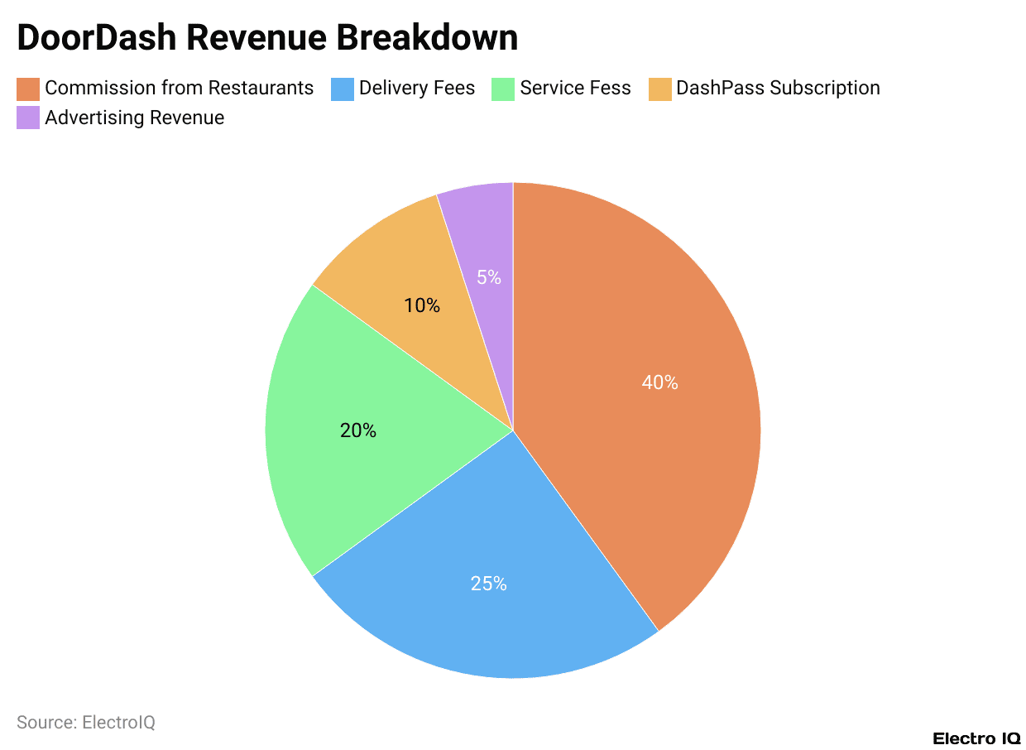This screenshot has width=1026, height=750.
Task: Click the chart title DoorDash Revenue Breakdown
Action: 267,38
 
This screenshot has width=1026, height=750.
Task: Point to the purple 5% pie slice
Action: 488,240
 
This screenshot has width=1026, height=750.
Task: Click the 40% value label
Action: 659,382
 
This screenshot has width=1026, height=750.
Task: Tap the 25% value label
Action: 488,584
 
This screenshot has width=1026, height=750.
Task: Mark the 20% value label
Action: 358,430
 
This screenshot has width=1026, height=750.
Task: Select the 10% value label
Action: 422,305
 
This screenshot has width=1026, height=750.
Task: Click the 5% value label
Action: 488,277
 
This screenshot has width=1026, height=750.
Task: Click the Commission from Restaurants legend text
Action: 180,88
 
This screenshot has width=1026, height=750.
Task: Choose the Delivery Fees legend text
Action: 417,88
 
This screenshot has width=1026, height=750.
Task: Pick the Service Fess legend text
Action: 575,88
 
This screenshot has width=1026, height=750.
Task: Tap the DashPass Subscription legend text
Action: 778,88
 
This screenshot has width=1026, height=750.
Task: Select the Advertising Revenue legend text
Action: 135,118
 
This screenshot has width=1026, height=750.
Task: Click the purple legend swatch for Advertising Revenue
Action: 28,118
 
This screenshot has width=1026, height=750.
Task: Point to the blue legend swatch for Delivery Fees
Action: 343,88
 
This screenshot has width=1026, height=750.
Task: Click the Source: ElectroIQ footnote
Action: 86,723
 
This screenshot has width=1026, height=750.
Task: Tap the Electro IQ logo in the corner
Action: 976,738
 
